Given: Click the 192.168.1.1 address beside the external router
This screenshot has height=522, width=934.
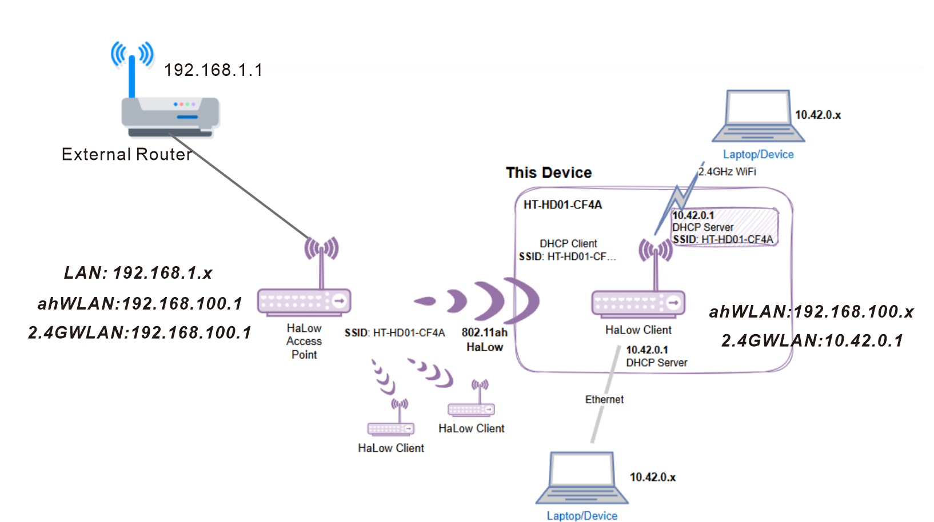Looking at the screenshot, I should [x=213, y=70].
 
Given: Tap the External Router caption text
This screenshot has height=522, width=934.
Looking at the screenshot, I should [x=126, y=154].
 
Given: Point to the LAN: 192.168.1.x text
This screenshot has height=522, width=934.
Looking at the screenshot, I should [x=138, y=273].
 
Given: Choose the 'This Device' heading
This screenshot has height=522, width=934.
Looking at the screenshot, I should [x=549, y=172].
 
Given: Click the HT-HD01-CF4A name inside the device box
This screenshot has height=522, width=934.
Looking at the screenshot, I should [x=562, y=204].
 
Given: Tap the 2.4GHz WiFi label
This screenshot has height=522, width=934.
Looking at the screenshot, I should [x=727, y=171].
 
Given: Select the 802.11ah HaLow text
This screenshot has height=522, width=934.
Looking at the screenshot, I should [x=485, y=340].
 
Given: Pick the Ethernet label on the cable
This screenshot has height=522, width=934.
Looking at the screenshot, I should [x=604, y=399].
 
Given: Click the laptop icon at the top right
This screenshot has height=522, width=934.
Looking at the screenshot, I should [x=758, y=117].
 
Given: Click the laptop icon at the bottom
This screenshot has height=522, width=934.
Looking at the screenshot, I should [x=582, y=479].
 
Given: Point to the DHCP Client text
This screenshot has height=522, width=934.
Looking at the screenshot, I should [x=568, y=243].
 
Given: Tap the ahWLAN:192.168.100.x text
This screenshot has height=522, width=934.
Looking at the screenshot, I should [x=811, y=311].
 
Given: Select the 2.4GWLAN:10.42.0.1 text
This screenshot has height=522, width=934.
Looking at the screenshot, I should [x=812, y=341].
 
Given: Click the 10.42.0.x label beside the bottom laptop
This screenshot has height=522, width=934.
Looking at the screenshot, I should [x=653, y=477].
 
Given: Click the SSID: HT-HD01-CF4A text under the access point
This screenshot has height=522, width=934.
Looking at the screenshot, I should [x=394, y=333].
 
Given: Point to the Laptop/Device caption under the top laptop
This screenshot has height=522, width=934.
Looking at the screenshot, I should [x=758, y=154].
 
